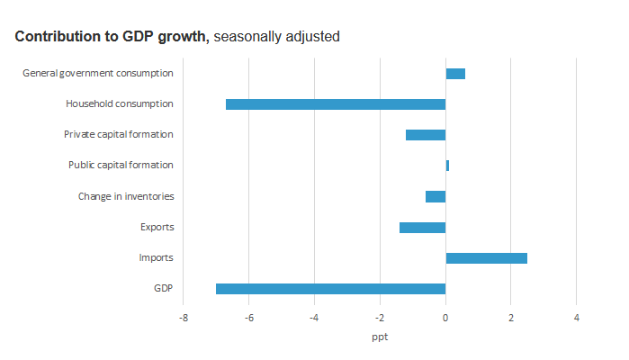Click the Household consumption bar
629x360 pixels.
336,104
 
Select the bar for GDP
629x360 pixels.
330,289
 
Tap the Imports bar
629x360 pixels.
486,258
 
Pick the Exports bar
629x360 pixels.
422,228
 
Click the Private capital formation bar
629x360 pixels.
426,135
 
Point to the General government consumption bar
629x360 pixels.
455,74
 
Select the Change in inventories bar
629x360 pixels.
436,196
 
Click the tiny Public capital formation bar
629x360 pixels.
447,166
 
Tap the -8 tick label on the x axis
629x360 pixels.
183,318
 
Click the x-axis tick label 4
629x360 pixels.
576,318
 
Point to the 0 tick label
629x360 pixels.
445,318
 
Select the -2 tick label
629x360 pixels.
379,318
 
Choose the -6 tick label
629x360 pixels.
248,318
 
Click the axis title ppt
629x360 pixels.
380,337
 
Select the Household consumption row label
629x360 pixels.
119,104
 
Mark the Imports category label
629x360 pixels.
156,258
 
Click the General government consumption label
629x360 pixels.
97,74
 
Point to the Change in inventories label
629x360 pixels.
125,196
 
